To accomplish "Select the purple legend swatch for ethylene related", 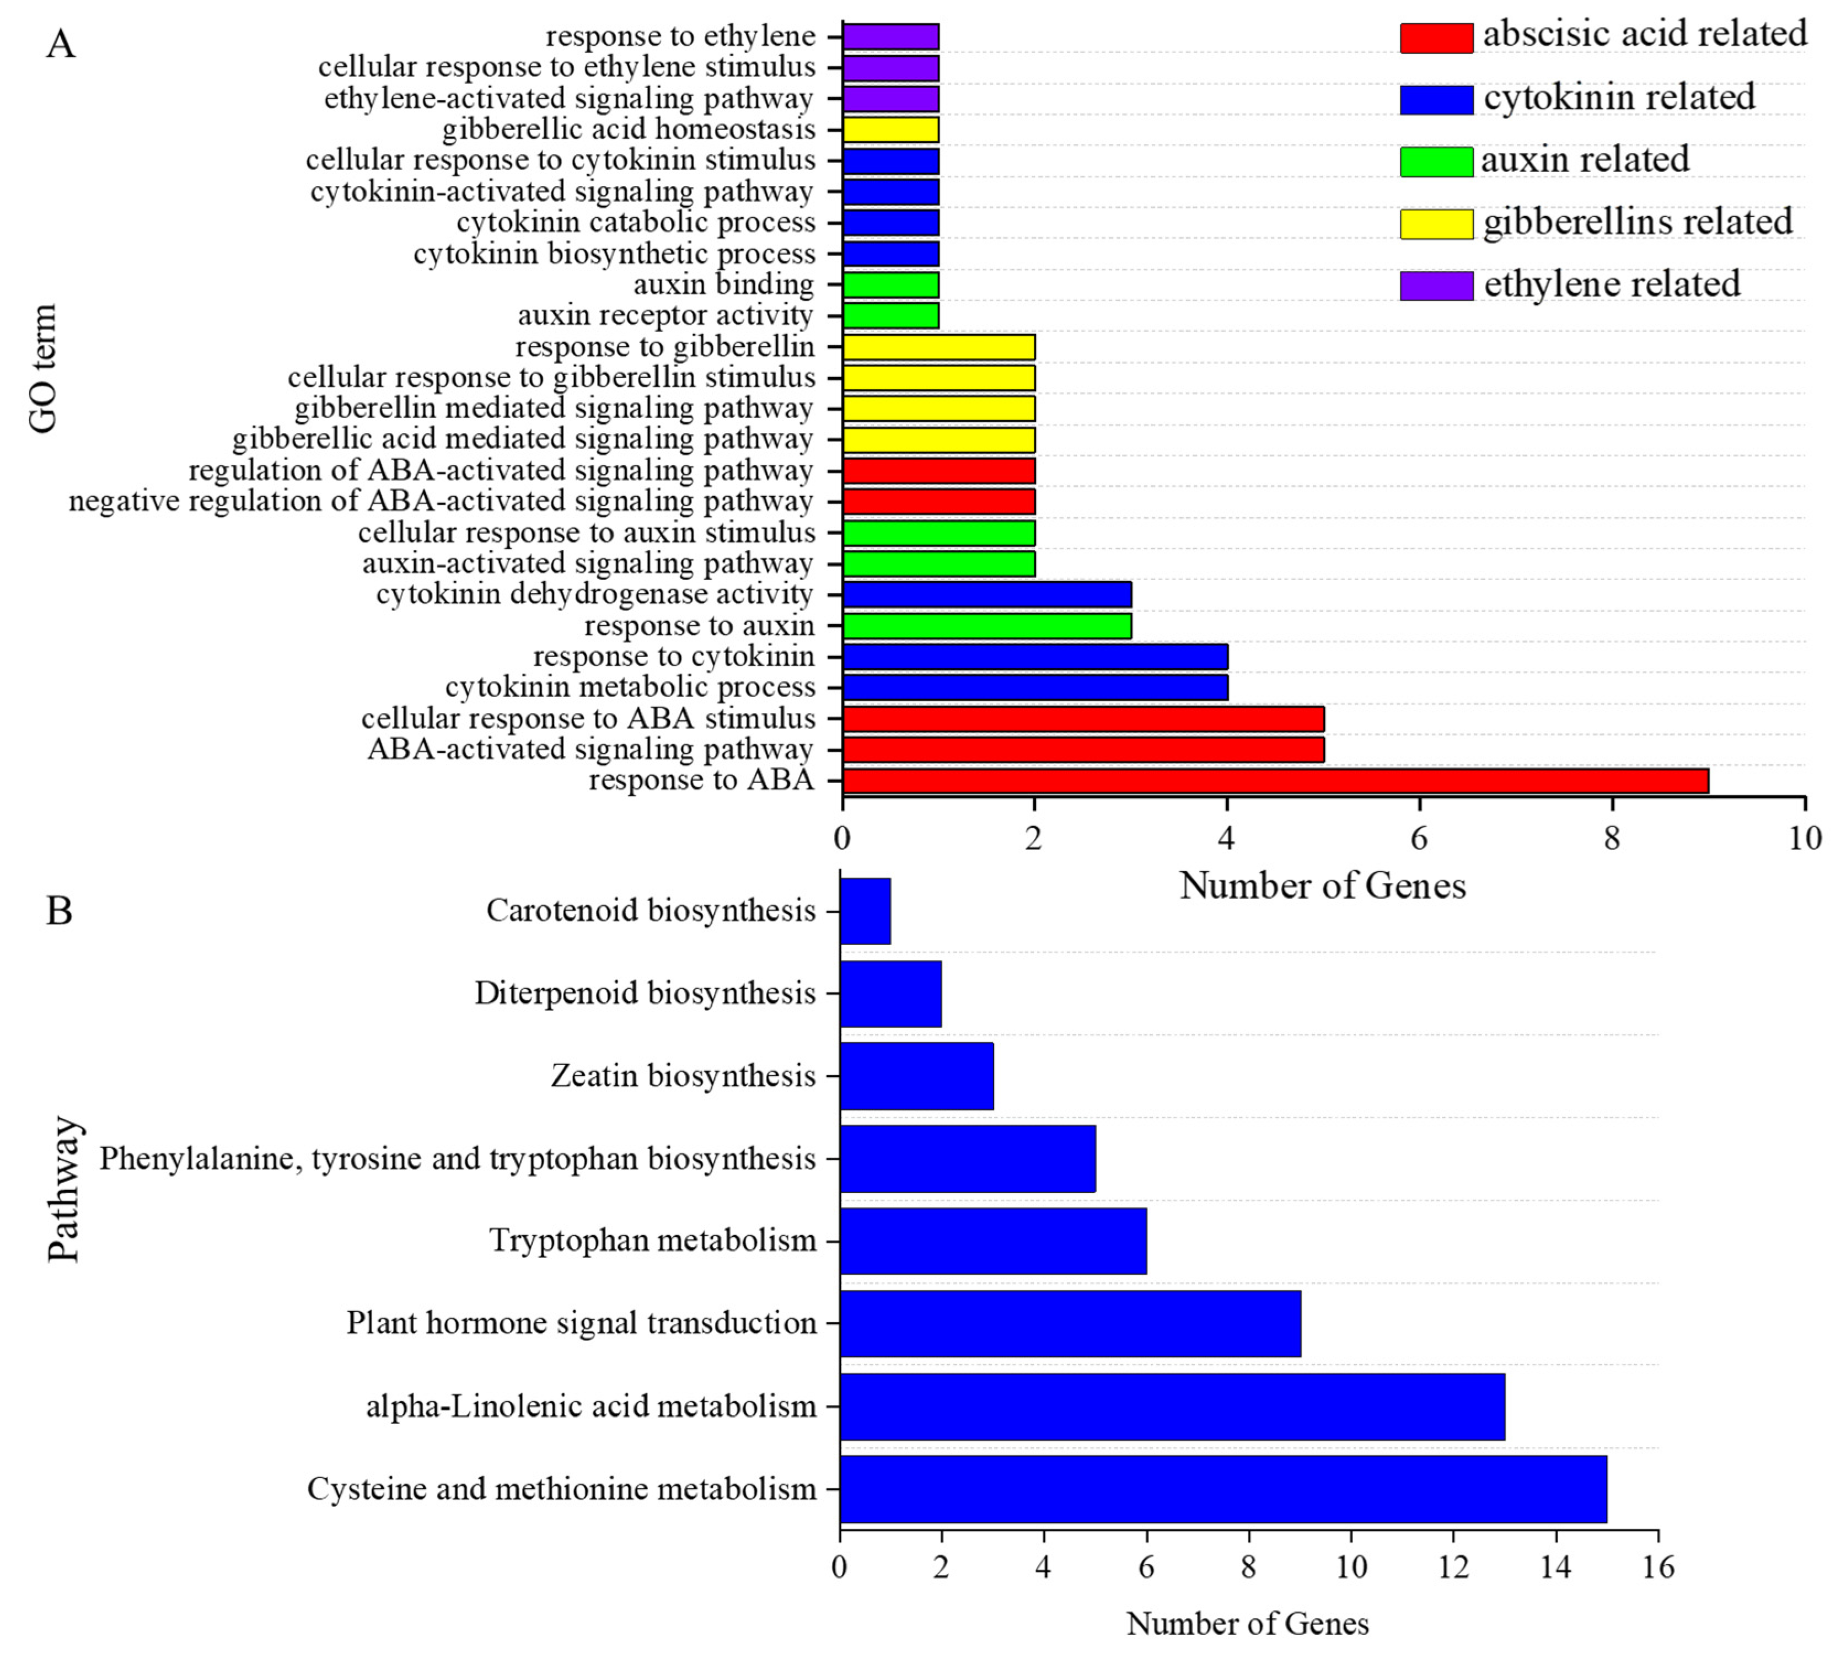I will [1435, 285].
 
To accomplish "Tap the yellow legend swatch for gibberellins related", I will [1435, 223].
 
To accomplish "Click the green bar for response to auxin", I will [986, 626].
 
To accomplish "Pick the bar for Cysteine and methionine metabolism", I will [1222, 1489].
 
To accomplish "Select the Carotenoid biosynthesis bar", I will [865, 911].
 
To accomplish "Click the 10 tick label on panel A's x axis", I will [1804, 838].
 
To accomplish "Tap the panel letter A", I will [60, 42].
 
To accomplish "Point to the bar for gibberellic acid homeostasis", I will [890, 130].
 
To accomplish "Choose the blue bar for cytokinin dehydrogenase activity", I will [986, 595].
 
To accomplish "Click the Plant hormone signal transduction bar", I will [1070, 1323].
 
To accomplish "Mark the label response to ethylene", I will [680, 36].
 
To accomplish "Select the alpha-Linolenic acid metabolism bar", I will [1172, 1406].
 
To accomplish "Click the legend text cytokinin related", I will [1618, 97].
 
